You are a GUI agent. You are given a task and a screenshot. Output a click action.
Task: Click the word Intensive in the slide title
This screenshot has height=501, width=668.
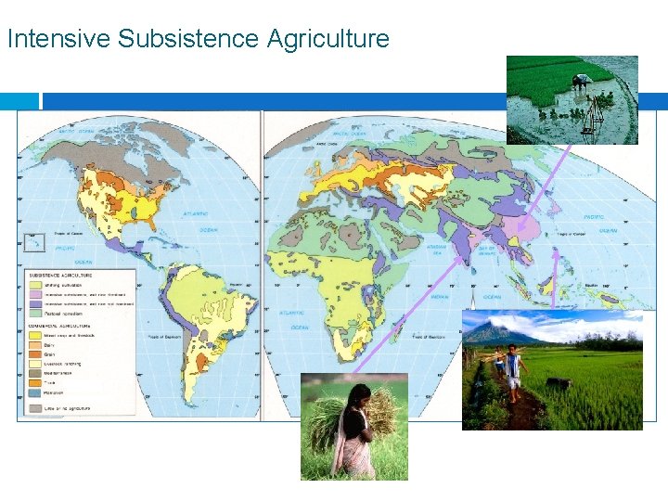[x=58, y=39]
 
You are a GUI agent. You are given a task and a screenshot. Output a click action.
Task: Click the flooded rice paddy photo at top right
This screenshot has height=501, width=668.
[x=572, y=100]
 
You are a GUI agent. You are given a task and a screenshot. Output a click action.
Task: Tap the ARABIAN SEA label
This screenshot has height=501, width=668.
[x=437, y=249]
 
